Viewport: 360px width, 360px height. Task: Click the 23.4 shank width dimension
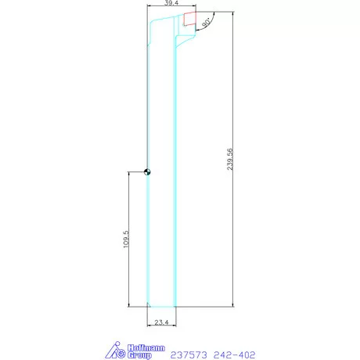point(162,322)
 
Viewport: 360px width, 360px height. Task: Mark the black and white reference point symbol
point(147,172)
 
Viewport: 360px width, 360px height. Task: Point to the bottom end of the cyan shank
point(161,304)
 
